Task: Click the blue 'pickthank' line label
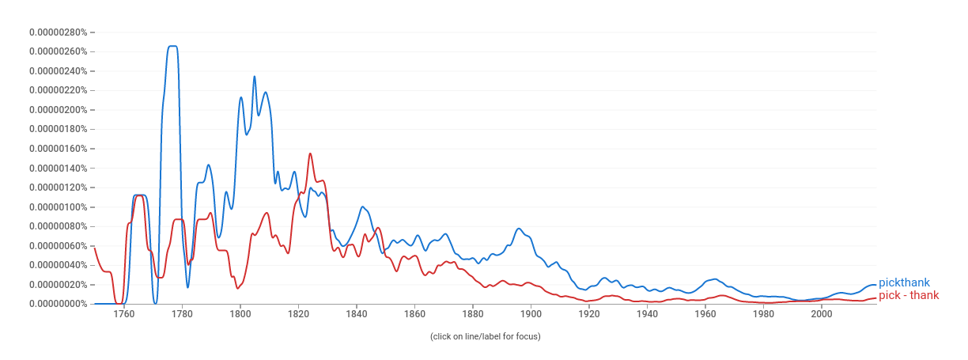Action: click(x=904, y=283)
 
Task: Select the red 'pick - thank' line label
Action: click(x=909, y=296)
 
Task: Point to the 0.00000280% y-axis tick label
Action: click(x=58, y=32)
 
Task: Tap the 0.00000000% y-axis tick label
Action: click(x=58, y=304)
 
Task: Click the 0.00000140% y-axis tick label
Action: click(x=58, y=169)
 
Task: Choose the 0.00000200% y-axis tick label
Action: click(x=58, y=110)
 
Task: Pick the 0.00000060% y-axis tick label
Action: click(x=58, y=246)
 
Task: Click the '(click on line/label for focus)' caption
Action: click(x=485, y=336)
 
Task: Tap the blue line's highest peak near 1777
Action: click(x=172, y=47)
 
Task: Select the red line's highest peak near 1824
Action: click(x=310, y=153)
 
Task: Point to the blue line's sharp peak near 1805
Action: click(x=254, y=77)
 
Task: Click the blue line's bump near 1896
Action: click(x=519, y=229)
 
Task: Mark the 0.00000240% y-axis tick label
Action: click(x=58, y=71)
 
